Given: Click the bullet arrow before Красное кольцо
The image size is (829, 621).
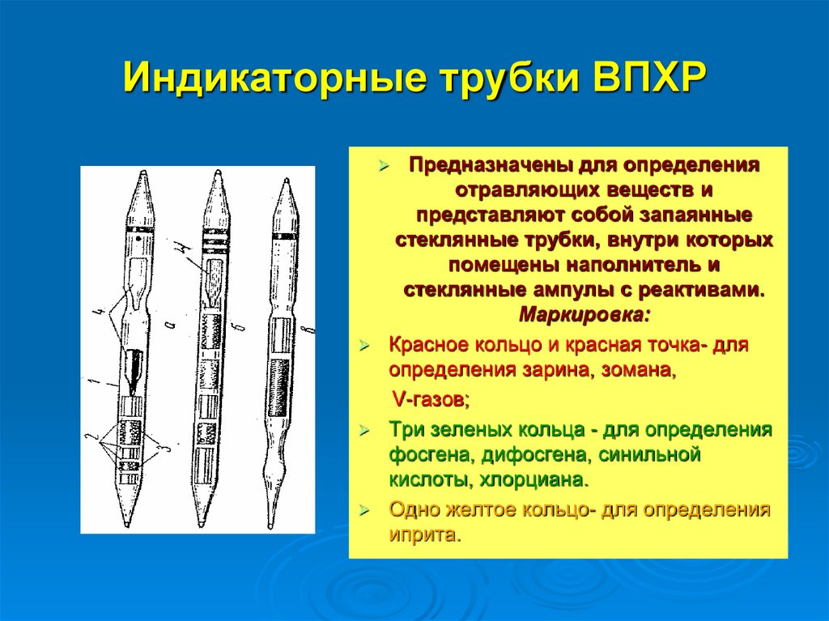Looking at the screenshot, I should (x=364, y=345).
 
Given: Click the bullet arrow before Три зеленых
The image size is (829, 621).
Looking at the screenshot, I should (x=364, y=430).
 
